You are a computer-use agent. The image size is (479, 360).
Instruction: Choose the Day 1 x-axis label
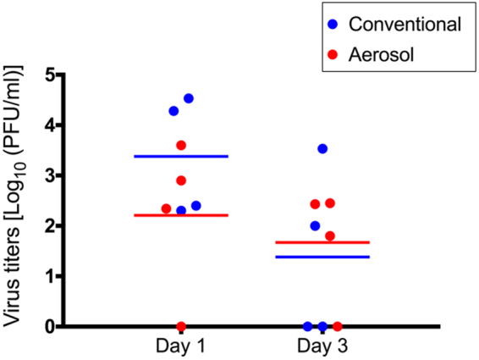tap(181, 347)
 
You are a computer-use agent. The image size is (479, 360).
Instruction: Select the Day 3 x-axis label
tap(322, 347)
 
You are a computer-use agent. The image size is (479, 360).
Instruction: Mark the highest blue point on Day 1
tap(189, 99)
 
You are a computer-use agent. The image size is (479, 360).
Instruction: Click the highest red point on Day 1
tap(181, 146)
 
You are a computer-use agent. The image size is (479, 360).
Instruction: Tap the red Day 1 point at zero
tap(181, 326)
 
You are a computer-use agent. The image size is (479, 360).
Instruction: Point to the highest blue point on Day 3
tap(322, 149)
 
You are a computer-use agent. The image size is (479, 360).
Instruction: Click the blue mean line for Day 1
tap(181, 156)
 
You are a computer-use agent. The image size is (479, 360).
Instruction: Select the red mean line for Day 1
tap(181, 215)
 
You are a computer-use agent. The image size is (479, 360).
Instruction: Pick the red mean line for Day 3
tap(322, 242)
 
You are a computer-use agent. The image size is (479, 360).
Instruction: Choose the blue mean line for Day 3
tap(322, 257)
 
